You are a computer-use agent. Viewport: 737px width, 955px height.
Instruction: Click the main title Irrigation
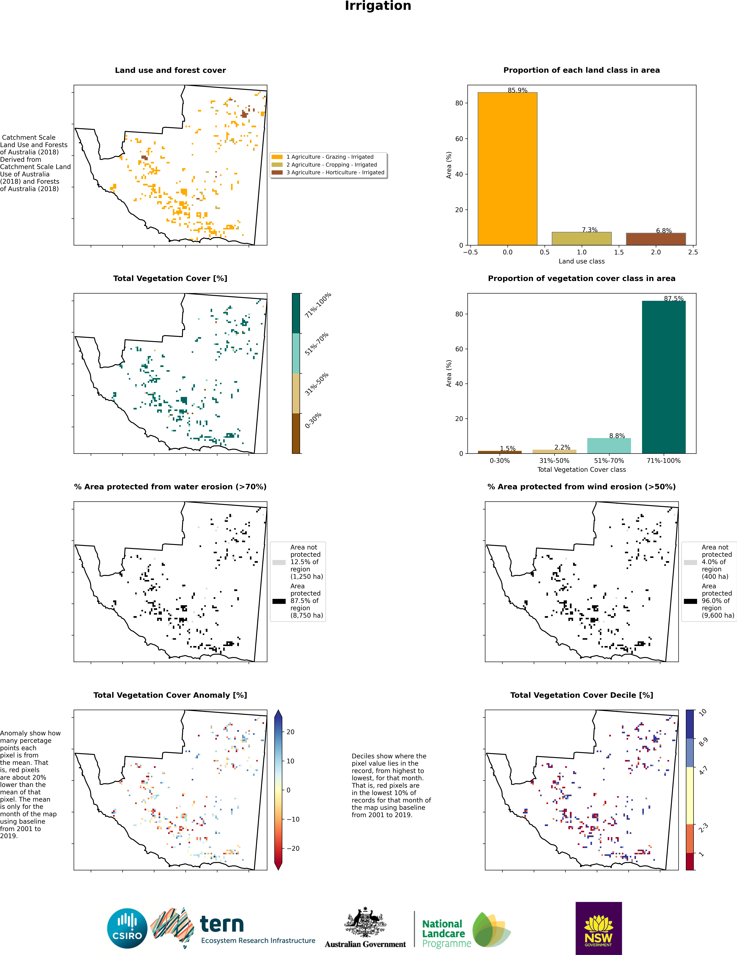pyautogui.click(x=378, y=6)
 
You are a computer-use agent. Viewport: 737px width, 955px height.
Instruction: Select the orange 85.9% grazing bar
pyautogui.click(x=507, y=169)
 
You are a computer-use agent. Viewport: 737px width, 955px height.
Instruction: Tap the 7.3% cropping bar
pyautogui.click(x=582, y=239)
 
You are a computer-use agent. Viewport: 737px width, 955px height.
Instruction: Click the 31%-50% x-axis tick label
pyautogui.click(x=554, y=461)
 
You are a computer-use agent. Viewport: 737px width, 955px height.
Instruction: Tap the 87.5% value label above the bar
pyautogui.click(x=674, y=299)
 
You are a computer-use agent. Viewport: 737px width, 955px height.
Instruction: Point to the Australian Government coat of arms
pyautogui.click(x=365, y=921)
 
